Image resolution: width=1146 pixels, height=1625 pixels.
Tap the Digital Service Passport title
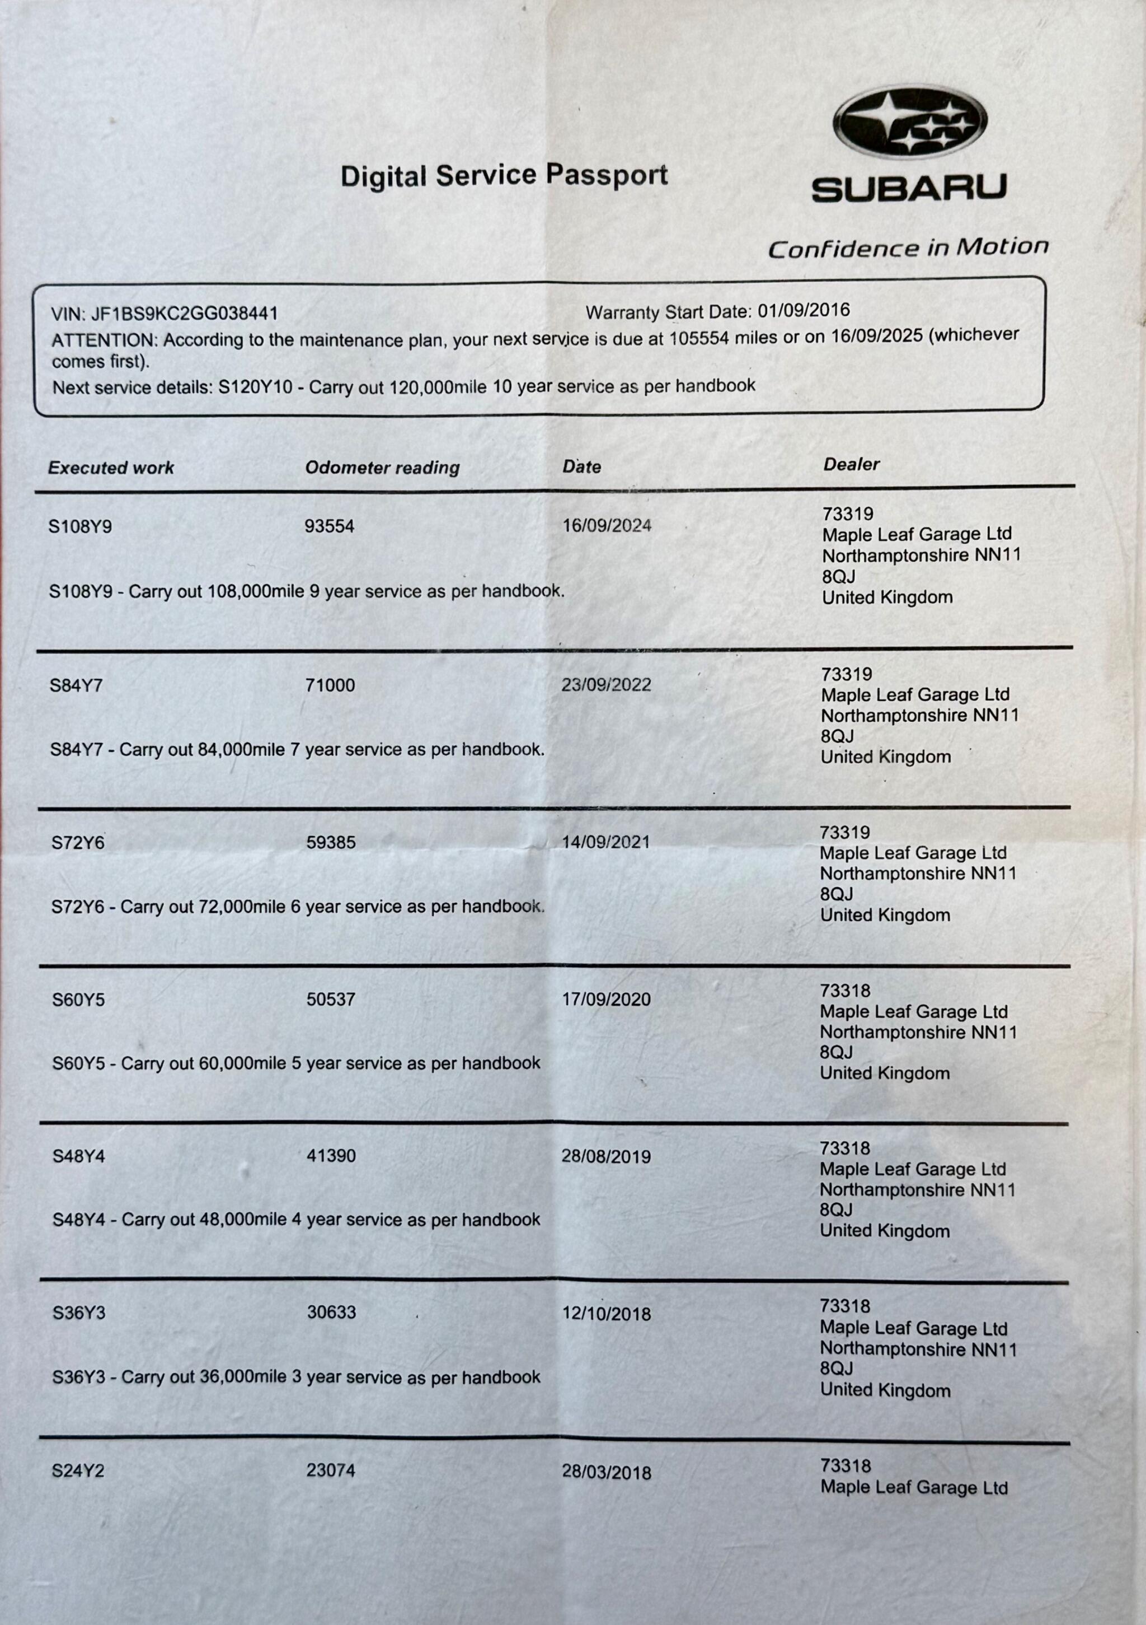(504, 175)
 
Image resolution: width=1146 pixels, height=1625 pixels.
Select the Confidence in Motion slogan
(908, 248)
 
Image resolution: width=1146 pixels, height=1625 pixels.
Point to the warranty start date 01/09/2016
(804, 311)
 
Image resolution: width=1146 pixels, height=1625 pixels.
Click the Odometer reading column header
(382, 467)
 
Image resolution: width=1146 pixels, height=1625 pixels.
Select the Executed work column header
(111, 467)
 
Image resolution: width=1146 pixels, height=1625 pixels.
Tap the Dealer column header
(851, 464)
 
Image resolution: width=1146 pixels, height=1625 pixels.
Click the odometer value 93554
(329, 526)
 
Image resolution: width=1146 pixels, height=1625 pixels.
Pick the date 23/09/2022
(606, 684)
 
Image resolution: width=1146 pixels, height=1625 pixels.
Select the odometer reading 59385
(331, 842)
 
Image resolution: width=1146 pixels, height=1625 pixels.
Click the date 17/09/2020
(606, 1000)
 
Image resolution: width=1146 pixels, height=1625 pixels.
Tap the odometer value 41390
(331, 1156)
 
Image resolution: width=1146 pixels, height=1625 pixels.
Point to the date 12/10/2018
(606, 1314)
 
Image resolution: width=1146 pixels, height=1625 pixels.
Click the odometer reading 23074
(331, 1470)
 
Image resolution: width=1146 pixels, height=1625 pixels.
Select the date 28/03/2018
(606, 1472)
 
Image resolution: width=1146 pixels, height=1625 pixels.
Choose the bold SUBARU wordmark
(909, 189)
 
